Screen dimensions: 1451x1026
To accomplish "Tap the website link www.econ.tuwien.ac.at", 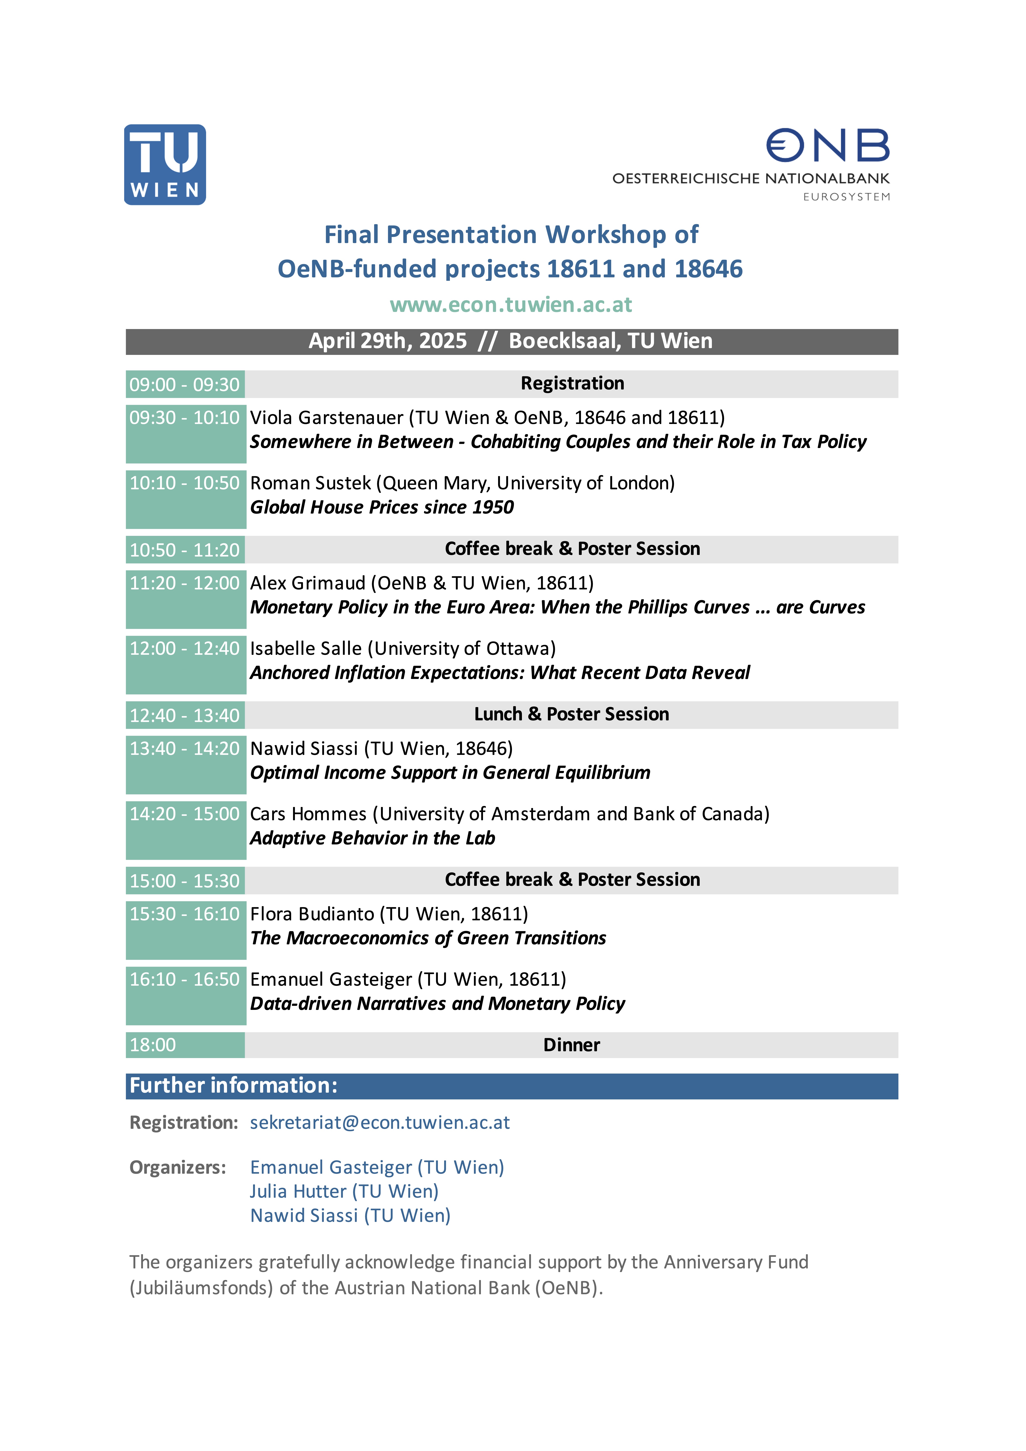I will click(x=511, y=305).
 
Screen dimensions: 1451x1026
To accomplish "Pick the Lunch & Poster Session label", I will click(x=572, y=714).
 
